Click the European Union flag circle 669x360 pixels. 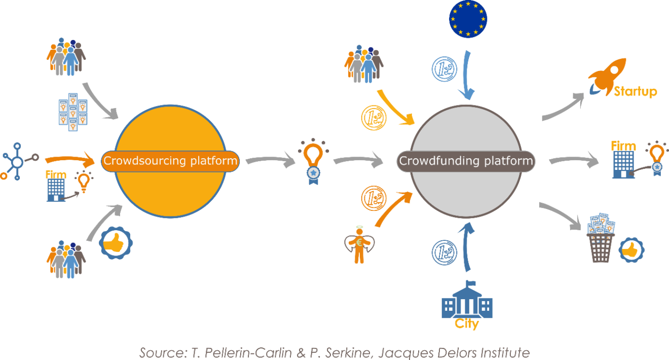point(468,19)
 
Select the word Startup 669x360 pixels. point(635,92)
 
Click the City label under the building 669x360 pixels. point(467,324)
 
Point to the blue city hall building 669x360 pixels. point(467,300)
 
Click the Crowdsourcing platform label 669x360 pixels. point(170,162)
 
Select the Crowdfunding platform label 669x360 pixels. point(466,161)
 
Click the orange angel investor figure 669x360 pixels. point(359,244)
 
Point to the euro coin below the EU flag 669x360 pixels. point(444,69)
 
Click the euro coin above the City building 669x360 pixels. point(444,253)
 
